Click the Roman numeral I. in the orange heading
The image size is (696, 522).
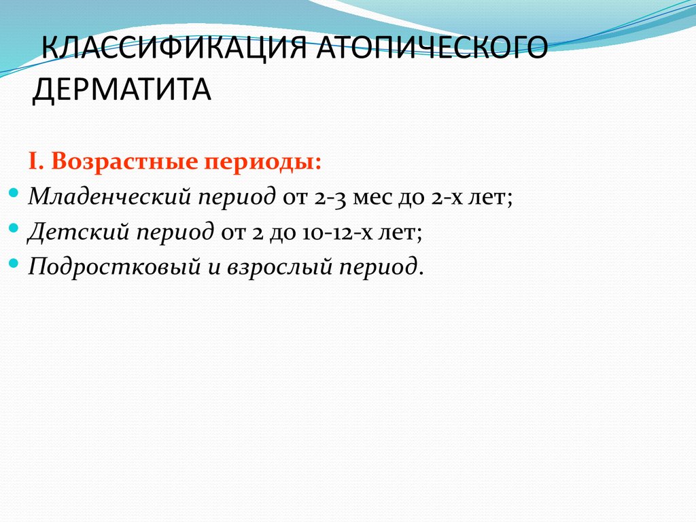coord(36,162)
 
